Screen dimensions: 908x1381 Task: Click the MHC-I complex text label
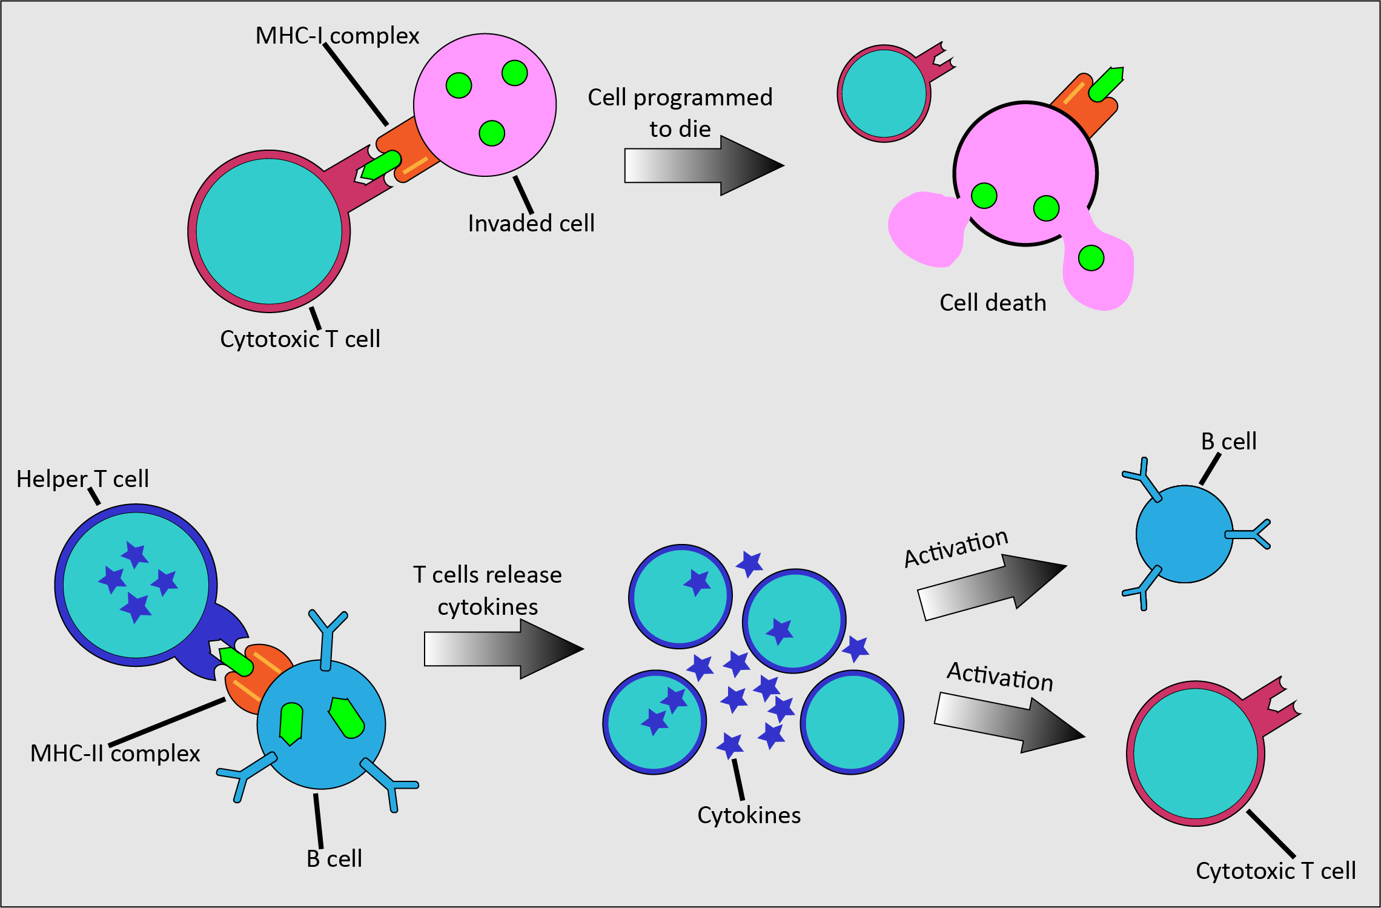[337, 36]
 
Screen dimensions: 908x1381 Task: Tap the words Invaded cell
[531, 224]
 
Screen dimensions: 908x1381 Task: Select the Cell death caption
[992, 303]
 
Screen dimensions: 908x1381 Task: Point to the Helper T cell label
[82, 479]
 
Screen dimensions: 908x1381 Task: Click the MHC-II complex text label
[115, 754]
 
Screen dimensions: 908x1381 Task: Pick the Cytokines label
[749, 815]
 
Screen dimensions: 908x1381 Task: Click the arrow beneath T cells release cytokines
[503, 649]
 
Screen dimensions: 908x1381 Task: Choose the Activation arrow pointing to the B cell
[991, 586]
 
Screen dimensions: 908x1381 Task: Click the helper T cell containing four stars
[136, 585]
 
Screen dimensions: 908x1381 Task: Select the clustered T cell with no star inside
[852, 722]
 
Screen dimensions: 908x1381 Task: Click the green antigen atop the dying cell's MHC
[1106, 84]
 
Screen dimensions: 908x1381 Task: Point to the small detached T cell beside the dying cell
[884, 93]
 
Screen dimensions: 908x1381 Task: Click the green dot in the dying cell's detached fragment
[1091, 258]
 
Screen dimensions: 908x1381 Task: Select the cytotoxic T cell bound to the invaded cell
[269, 231]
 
